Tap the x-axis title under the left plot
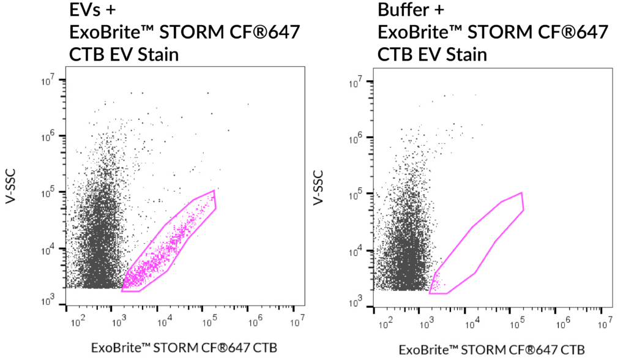click(184, 348)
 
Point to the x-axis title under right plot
click(492, 349)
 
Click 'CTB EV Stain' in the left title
click(124, 55)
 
